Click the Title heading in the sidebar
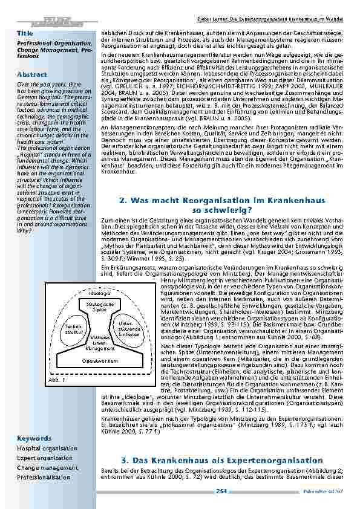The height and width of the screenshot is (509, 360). pos(25,31)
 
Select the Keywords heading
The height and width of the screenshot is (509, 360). pos(34,438)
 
